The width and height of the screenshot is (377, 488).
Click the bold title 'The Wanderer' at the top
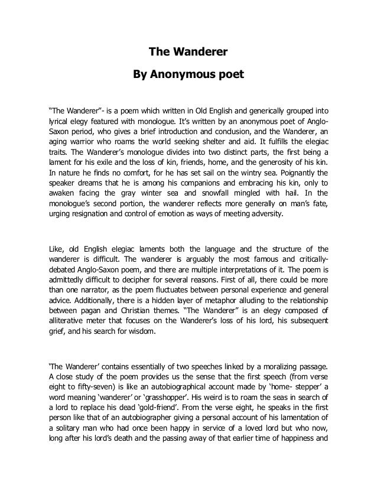click(x=188, y=52)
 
